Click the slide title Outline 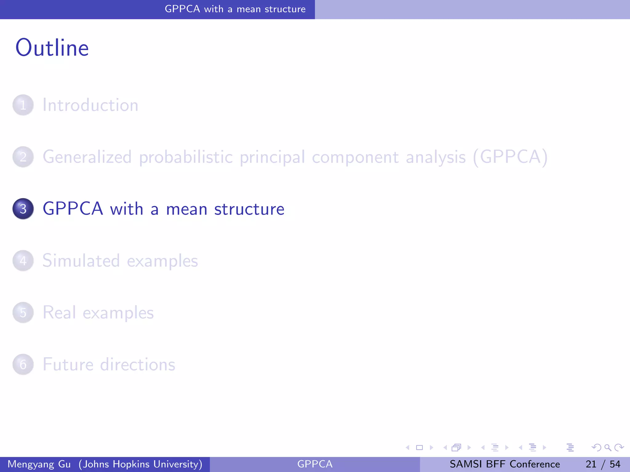(x=52, y=48)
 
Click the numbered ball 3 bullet (x=23, y=209)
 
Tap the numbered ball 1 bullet (x=23, y=105)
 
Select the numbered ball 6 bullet (x=23, y=364)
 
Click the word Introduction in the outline (x=90, y=105)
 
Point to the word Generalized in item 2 (x=87, y=157)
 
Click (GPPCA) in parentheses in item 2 (x=510, y=157)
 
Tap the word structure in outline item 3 (x=249, y=209)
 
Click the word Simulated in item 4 (x=81, y=261)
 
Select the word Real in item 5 (x=59, y=313)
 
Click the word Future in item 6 (x=68, y=364)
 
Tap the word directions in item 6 (x=138, y=364)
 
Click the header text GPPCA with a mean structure (x=235, y=9)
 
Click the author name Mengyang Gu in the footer (x=39, y=464)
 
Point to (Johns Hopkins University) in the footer (x=141, y=464)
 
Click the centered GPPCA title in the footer (x=315, y=464)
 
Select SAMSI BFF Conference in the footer (x=505, y=464)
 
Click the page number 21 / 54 (x=603, y=464)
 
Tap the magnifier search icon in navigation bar (x=608, y=447)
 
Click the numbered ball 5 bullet (x=23, y=313)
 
